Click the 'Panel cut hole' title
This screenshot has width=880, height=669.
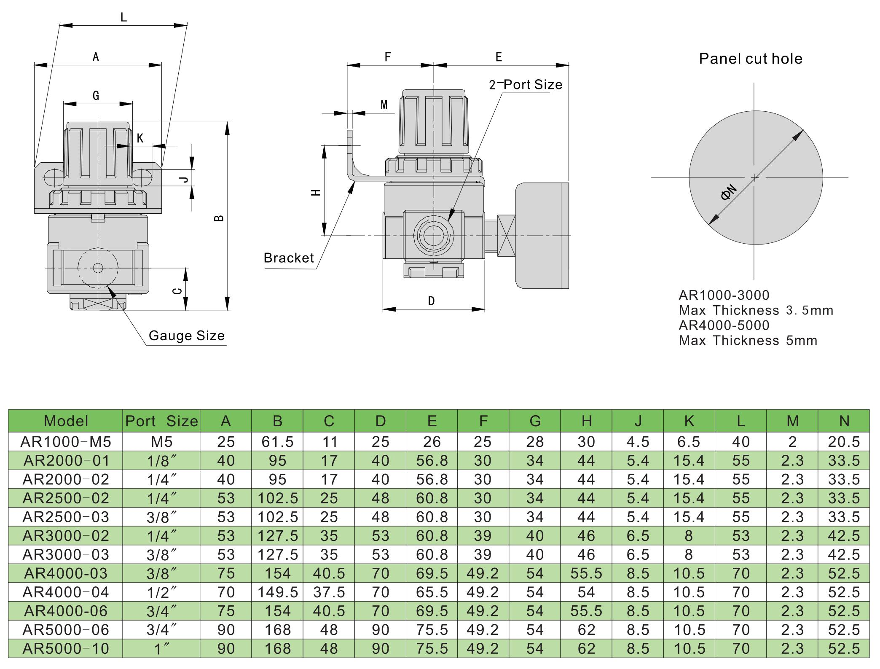(x=750, y=59)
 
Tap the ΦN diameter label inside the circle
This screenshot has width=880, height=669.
(x=729, y=192)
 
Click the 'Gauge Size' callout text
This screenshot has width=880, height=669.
(x=186, y=336)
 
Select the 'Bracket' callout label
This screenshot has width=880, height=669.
(x=289, y=258)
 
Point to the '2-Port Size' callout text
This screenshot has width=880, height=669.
(x=526, y=85)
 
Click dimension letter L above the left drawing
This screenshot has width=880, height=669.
(x=123, y=17)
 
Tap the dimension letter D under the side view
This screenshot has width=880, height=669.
(x=431, y=301)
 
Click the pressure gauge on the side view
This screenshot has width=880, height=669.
(x=542, y=236)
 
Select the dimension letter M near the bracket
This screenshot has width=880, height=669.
(x=384, y=105)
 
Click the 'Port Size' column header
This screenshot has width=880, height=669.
(x=161, y=421)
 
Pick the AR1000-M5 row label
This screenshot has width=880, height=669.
(x=66, y=442)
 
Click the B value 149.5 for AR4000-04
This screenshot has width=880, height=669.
(x=277, y=592)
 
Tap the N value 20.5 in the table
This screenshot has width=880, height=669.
(x=843, y=442)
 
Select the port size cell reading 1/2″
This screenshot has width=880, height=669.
(x=161, y=593)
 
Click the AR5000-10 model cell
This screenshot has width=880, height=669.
(x=66, y=649)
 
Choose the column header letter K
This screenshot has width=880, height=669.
(x=689, y=421)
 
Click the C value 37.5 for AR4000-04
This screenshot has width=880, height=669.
(x=329, y=592)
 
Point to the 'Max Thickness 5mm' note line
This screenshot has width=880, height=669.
(x=748, y=340)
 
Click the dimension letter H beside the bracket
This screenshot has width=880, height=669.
(x=316, y=193)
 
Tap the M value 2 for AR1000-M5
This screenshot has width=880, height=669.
(x=792, y=442)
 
